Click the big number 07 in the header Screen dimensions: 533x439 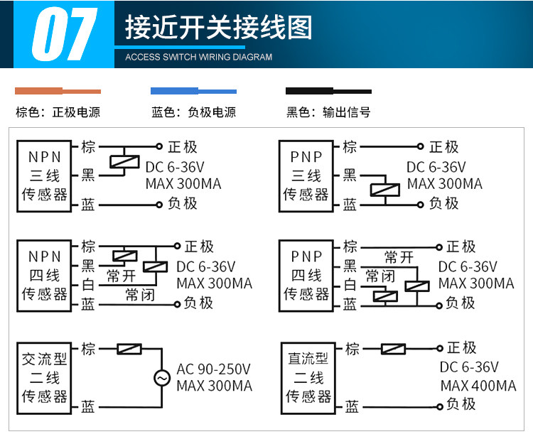pyautogui.click(x=64, y=34)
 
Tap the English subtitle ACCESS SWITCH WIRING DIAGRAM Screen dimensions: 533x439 pyautogui.click(x=198, y=57)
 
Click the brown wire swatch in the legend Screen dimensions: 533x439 pyautogui.click(x=58, y=91)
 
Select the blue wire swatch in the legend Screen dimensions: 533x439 pyautogui.click(x=193, y=91)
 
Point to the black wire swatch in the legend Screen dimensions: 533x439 pyautogui.click(x=328, y=91)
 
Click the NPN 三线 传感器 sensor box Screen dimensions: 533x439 pyautogui.click(x=44, y=176)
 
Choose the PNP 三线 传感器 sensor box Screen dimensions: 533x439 pyautogui.click(x=306, y=176)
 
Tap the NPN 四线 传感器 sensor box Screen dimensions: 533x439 pyautogui.click(x=44, y=276)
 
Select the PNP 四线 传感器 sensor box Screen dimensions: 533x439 pyautogui.click(x=306, y=276)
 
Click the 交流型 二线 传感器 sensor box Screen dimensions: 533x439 pyautogui.click(x=44, y=378)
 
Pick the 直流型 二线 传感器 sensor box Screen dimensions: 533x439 pyautogui.click(x=308, y=378)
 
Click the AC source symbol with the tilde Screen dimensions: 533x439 pyautogui.click(x=162, y=378)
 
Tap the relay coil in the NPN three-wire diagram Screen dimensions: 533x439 pyautogui.click(x=125, y=162)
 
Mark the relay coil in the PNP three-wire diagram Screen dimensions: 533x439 pyautogui.click(x=384, y=190)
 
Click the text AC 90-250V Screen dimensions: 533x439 pyautogui.click(x=213, y=369)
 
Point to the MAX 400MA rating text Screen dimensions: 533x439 pyautogui.click(x=478, y=386)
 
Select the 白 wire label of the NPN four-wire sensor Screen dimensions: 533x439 pyautogui.click(x=88, y=285)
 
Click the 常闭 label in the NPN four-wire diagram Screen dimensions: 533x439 pyautogui.click(x=140, y=295)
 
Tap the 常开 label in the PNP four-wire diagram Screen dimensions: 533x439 pyautogui.click(x=399, y=257)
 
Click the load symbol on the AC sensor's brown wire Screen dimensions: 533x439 pyautogui.click(x=129, y=349)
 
